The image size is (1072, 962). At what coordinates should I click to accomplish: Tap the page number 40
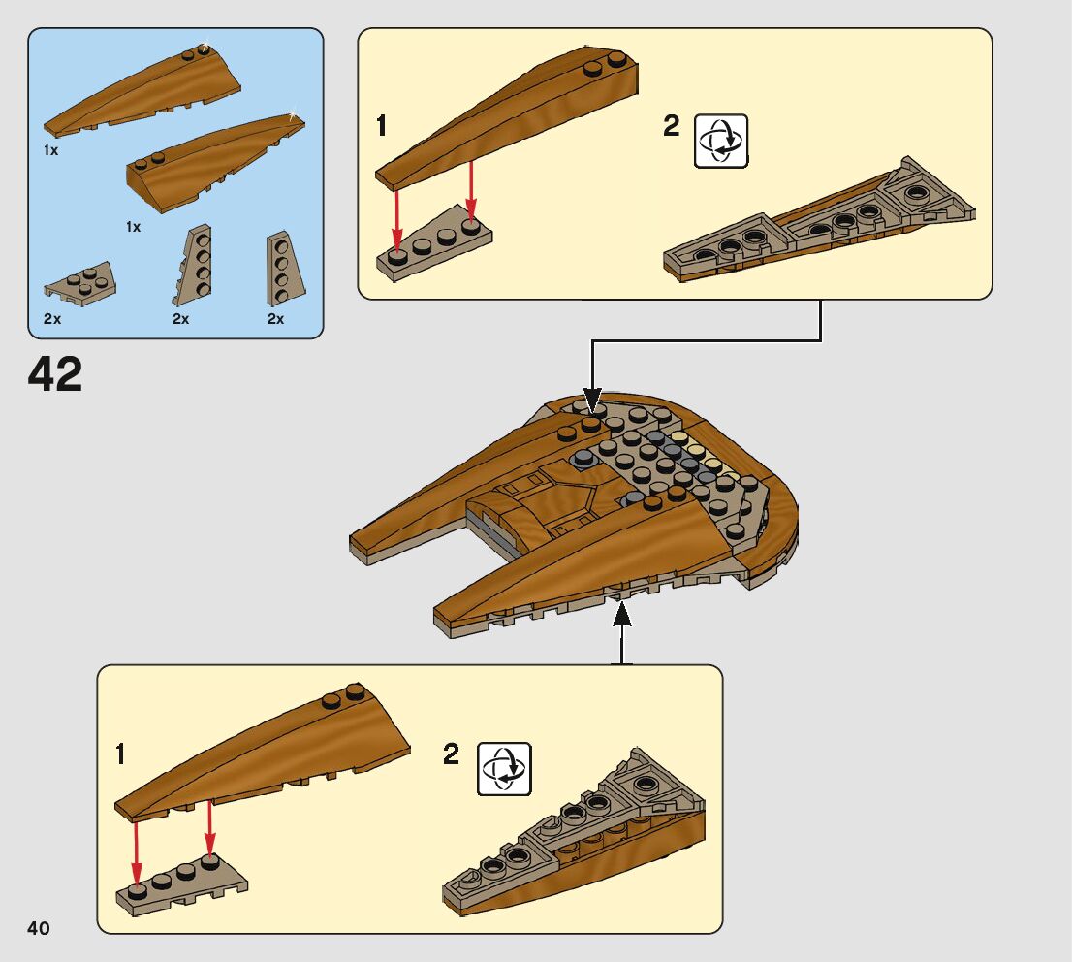coord(39,927)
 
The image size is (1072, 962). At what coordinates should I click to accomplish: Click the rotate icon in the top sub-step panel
coord(721,141)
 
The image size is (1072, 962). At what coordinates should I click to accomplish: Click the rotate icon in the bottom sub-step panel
coord(504,768)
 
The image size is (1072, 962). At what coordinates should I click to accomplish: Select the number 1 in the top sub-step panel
coord(382,126)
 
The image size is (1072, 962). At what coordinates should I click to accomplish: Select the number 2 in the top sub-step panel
coord(672,126)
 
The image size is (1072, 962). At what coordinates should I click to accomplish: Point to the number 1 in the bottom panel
coord(120,754)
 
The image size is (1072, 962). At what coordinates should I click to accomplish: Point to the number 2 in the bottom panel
coord(452,754)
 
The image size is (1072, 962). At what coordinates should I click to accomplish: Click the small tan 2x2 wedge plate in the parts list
coord(80,284)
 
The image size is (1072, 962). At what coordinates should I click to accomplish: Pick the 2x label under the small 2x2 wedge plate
coord(52,319)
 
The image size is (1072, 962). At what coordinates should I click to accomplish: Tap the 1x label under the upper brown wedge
coord(50,150)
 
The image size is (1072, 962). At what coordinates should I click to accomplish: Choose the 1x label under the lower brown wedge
coord(134,227)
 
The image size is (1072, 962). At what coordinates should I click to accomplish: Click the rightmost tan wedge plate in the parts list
coord(284,269)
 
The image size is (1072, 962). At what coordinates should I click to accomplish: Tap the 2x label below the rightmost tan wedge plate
coord(275,319)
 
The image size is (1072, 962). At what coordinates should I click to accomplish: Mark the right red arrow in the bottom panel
coord(210,829)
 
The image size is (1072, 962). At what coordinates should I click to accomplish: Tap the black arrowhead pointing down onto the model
coord(593,399)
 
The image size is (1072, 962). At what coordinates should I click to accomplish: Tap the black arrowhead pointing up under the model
coord(621,614)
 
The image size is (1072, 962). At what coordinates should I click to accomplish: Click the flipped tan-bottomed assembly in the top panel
coord(819,219)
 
